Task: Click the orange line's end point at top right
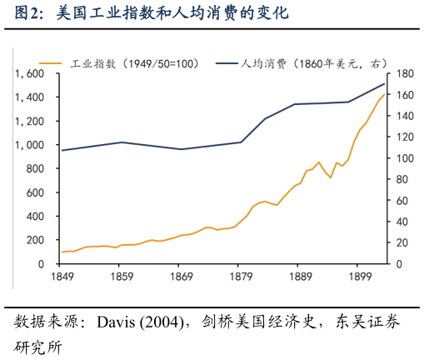[385, 94]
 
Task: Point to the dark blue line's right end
[385, 83]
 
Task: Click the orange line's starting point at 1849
[62, 252]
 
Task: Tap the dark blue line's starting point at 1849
[62, 150]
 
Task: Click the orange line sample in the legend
[51, 63]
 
